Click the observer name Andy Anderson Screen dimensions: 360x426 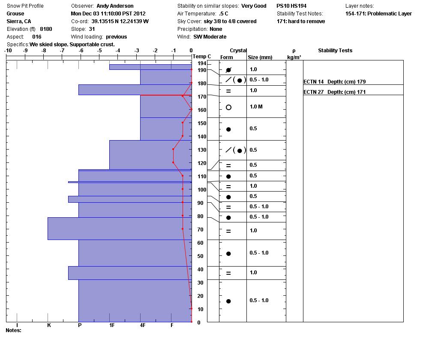click(115, 6)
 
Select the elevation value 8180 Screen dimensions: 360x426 click(46, 29)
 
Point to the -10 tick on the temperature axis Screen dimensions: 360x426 click(8, 51)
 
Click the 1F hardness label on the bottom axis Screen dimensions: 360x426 click(112, 325)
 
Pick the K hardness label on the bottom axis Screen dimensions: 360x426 click(49, 325)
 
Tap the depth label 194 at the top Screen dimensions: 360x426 click(202, 63)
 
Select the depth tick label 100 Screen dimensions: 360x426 click(202, 190)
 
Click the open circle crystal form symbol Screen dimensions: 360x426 click(228, 107)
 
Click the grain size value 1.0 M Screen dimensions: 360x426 click(256, 107)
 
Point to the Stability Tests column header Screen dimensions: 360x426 click(335, 51)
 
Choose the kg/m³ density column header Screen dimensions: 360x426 click(294, 57)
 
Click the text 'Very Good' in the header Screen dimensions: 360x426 click(254, 6)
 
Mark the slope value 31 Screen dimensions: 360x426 click(92, 29)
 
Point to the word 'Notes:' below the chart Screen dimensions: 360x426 click(13, 330)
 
